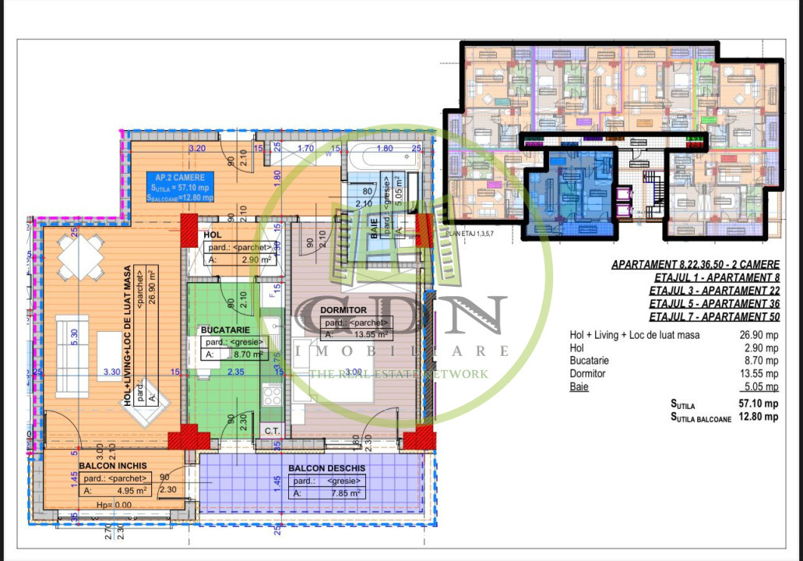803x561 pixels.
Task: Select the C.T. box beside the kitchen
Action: click(272, 430)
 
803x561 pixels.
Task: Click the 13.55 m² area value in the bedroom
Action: click(365, 334)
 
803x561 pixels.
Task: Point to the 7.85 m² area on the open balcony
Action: click(347, 493)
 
